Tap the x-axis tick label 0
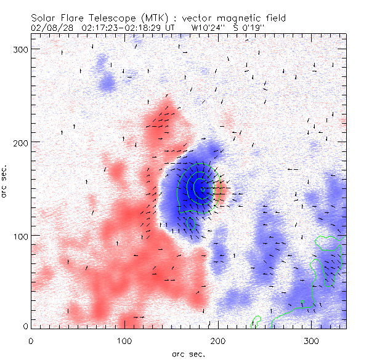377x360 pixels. tap(30, 340)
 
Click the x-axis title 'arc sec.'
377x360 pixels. tap(188, 353)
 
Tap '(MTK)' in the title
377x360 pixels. tap(157, 18)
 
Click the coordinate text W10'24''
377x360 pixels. tap(208, 28)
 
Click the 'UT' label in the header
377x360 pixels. tap(171, 28)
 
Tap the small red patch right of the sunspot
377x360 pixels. tap(222, 191)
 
